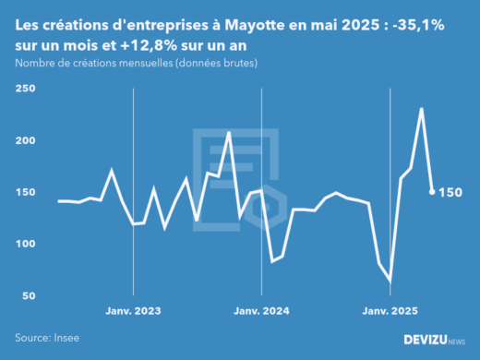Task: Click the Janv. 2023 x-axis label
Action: click(134, 311)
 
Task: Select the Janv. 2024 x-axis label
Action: click(262, 311)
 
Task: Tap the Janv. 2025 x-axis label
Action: click(390, 311)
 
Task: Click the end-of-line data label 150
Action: click(450, 192)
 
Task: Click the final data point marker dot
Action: click(432, 192)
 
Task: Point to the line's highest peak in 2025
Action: click(421, 109)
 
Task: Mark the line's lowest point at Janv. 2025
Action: click(390, 280)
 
